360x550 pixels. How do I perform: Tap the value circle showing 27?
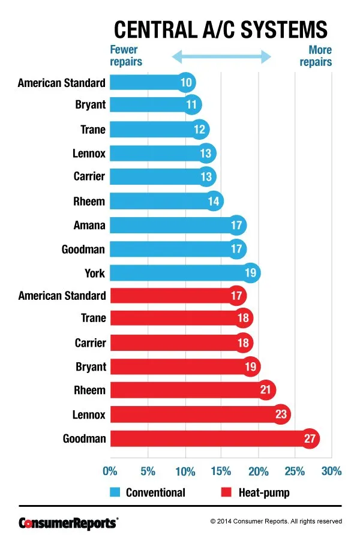click(310, 438)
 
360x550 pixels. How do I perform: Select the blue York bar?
click(180, 273)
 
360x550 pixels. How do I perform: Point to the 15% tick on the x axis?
click(221, 471)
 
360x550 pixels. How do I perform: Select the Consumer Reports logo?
click(68, 522)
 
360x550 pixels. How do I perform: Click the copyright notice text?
click(276, 522)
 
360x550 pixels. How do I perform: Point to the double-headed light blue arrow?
click(221, 57)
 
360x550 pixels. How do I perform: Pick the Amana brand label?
click(89, 225)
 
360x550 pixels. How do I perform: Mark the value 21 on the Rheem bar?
click(265, 390)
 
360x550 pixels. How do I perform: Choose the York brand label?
click(95, 273)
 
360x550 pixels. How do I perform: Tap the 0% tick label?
click(110, 471)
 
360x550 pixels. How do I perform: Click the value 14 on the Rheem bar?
click(214, 201)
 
